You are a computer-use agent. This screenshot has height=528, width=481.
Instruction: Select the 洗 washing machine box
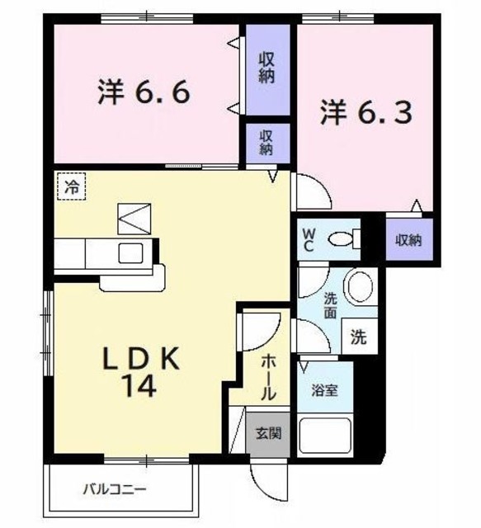pos(360,337)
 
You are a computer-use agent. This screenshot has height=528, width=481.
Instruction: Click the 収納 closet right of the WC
pos(408,240)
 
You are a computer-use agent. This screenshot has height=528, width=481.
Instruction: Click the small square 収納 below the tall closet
pos(266,143)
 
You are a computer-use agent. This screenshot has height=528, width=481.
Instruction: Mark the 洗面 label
pos(330,304)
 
